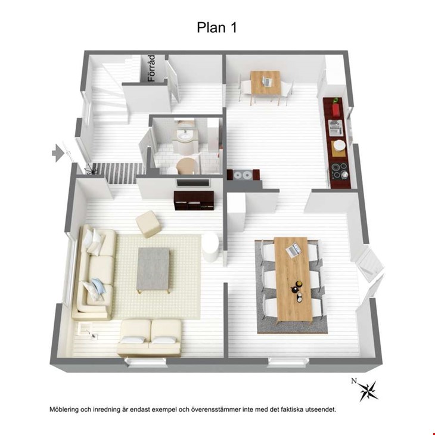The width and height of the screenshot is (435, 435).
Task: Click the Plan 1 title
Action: (217, 27)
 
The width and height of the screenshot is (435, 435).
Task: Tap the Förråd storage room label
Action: (151, 68)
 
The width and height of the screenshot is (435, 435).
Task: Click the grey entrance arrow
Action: (58, 153)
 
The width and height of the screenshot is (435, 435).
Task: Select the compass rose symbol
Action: (369, 391)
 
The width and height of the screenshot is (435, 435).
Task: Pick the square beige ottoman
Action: (148, 224)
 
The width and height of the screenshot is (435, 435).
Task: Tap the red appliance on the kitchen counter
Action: (336, 109)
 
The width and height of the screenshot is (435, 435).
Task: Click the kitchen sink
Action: (335, 128)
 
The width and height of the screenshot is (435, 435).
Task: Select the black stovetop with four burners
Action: (339, 171)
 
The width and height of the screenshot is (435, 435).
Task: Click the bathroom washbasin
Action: (185, 136)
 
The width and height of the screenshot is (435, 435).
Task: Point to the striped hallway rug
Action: (118, 173)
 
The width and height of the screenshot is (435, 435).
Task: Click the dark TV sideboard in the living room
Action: (194, 200)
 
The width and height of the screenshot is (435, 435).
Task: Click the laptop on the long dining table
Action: (293, 250)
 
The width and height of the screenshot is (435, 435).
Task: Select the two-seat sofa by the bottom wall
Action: (150, 338)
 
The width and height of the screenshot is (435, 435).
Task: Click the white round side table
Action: (210, 247)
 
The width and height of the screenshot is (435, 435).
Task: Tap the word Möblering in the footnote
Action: (64, 409)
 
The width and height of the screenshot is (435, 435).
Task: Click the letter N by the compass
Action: (354, 381)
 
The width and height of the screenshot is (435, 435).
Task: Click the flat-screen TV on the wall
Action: (193, 182)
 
